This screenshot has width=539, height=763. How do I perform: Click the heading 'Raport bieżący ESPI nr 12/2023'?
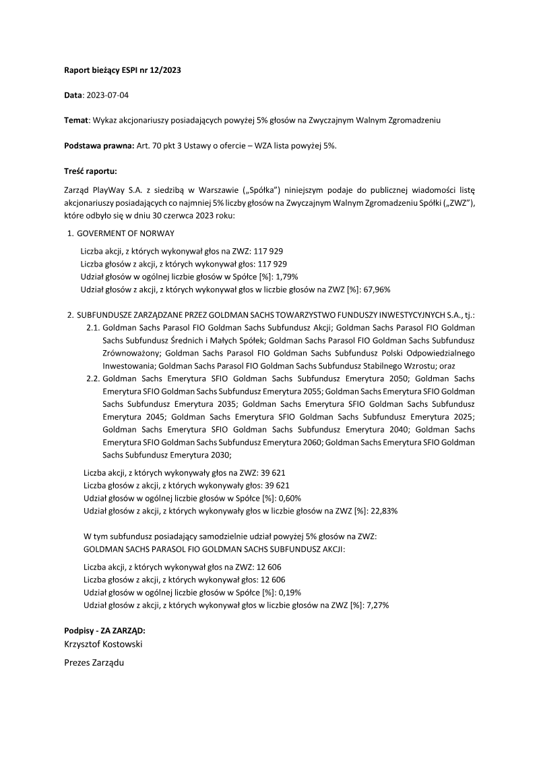122,69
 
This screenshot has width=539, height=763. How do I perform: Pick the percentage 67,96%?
378,289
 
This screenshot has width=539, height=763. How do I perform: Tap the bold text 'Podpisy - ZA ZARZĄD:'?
104,630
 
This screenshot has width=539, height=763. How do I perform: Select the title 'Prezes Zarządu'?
94,662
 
